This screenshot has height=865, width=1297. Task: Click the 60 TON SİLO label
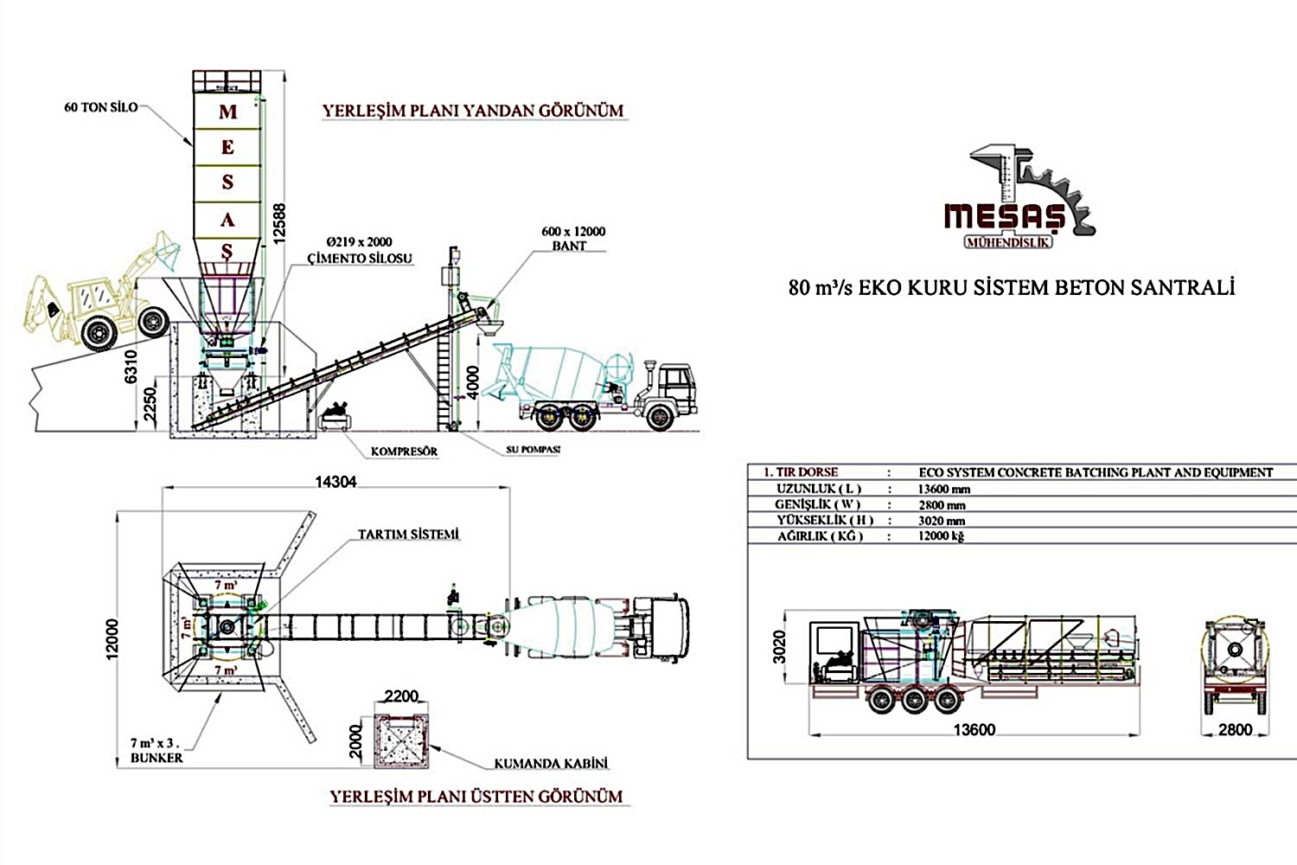coord(100,107)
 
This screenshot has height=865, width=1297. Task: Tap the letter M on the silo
coord(227,112)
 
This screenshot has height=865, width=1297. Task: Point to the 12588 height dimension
coord(278,223)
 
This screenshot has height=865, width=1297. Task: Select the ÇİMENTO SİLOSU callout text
coord(360,258)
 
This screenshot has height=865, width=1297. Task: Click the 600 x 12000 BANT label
coord(573,238)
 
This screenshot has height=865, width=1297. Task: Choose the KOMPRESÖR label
coord(404,452)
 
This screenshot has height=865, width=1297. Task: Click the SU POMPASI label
coord(533,450)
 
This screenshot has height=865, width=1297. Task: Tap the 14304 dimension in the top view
coord(335,482)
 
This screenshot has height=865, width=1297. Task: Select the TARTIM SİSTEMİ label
coord(408,535)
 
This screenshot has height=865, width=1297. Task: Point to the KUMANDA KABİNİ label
coord(551,764)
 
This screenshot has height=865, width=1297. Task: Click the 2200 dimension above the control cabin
coord(401,696)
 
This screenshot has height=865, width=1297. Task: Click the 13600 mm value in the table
coord(944,489)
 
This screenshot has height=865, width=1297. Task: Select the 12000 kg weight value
coord(941,536)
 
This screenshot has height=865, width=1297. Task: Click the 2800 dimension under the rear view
coord(1235,730)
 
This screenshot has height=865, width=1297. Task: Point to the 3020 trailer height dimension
coord(780,647)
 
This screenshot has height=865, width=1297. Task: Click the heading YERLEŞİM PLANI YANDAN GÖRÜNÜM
coord(473,112)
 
